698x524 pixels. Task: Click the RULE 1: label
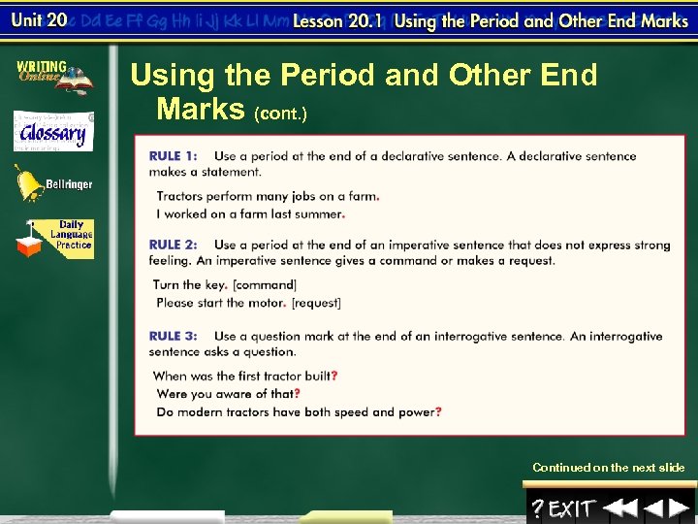pyautogui.click(x=173, y=156)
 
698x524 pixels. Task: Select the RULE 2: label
pyautogui.click(x=173, y=246)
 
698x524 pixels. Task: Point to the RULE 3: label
pyautogui.click(x=173, y=337)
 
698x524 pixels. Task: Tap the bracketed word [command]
pyautogui.click(x=265, y=285)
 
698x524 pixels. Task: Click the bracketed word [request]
pyautogui.click(x=317, y=303)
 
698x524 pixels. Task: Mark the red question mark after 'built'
pyautogui.click(x=334, y=376)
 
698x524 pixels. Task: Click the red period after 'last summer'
pyautogui.click(x=344, y=214)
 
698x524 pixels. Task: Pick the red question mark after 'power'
pyautogui.click(x=439, y=412)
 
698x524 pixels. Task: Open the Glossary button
pyautogui.click(x=53, y=132)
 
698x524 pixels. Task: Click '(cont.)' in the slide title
pyautogui.click(x=280, y=115)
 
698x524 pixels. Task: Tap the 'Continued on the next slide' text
pyautogui.click(x=608, y=468)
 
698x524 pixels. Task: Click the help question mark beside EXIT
pyautogui.click(x=537, y=508)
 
